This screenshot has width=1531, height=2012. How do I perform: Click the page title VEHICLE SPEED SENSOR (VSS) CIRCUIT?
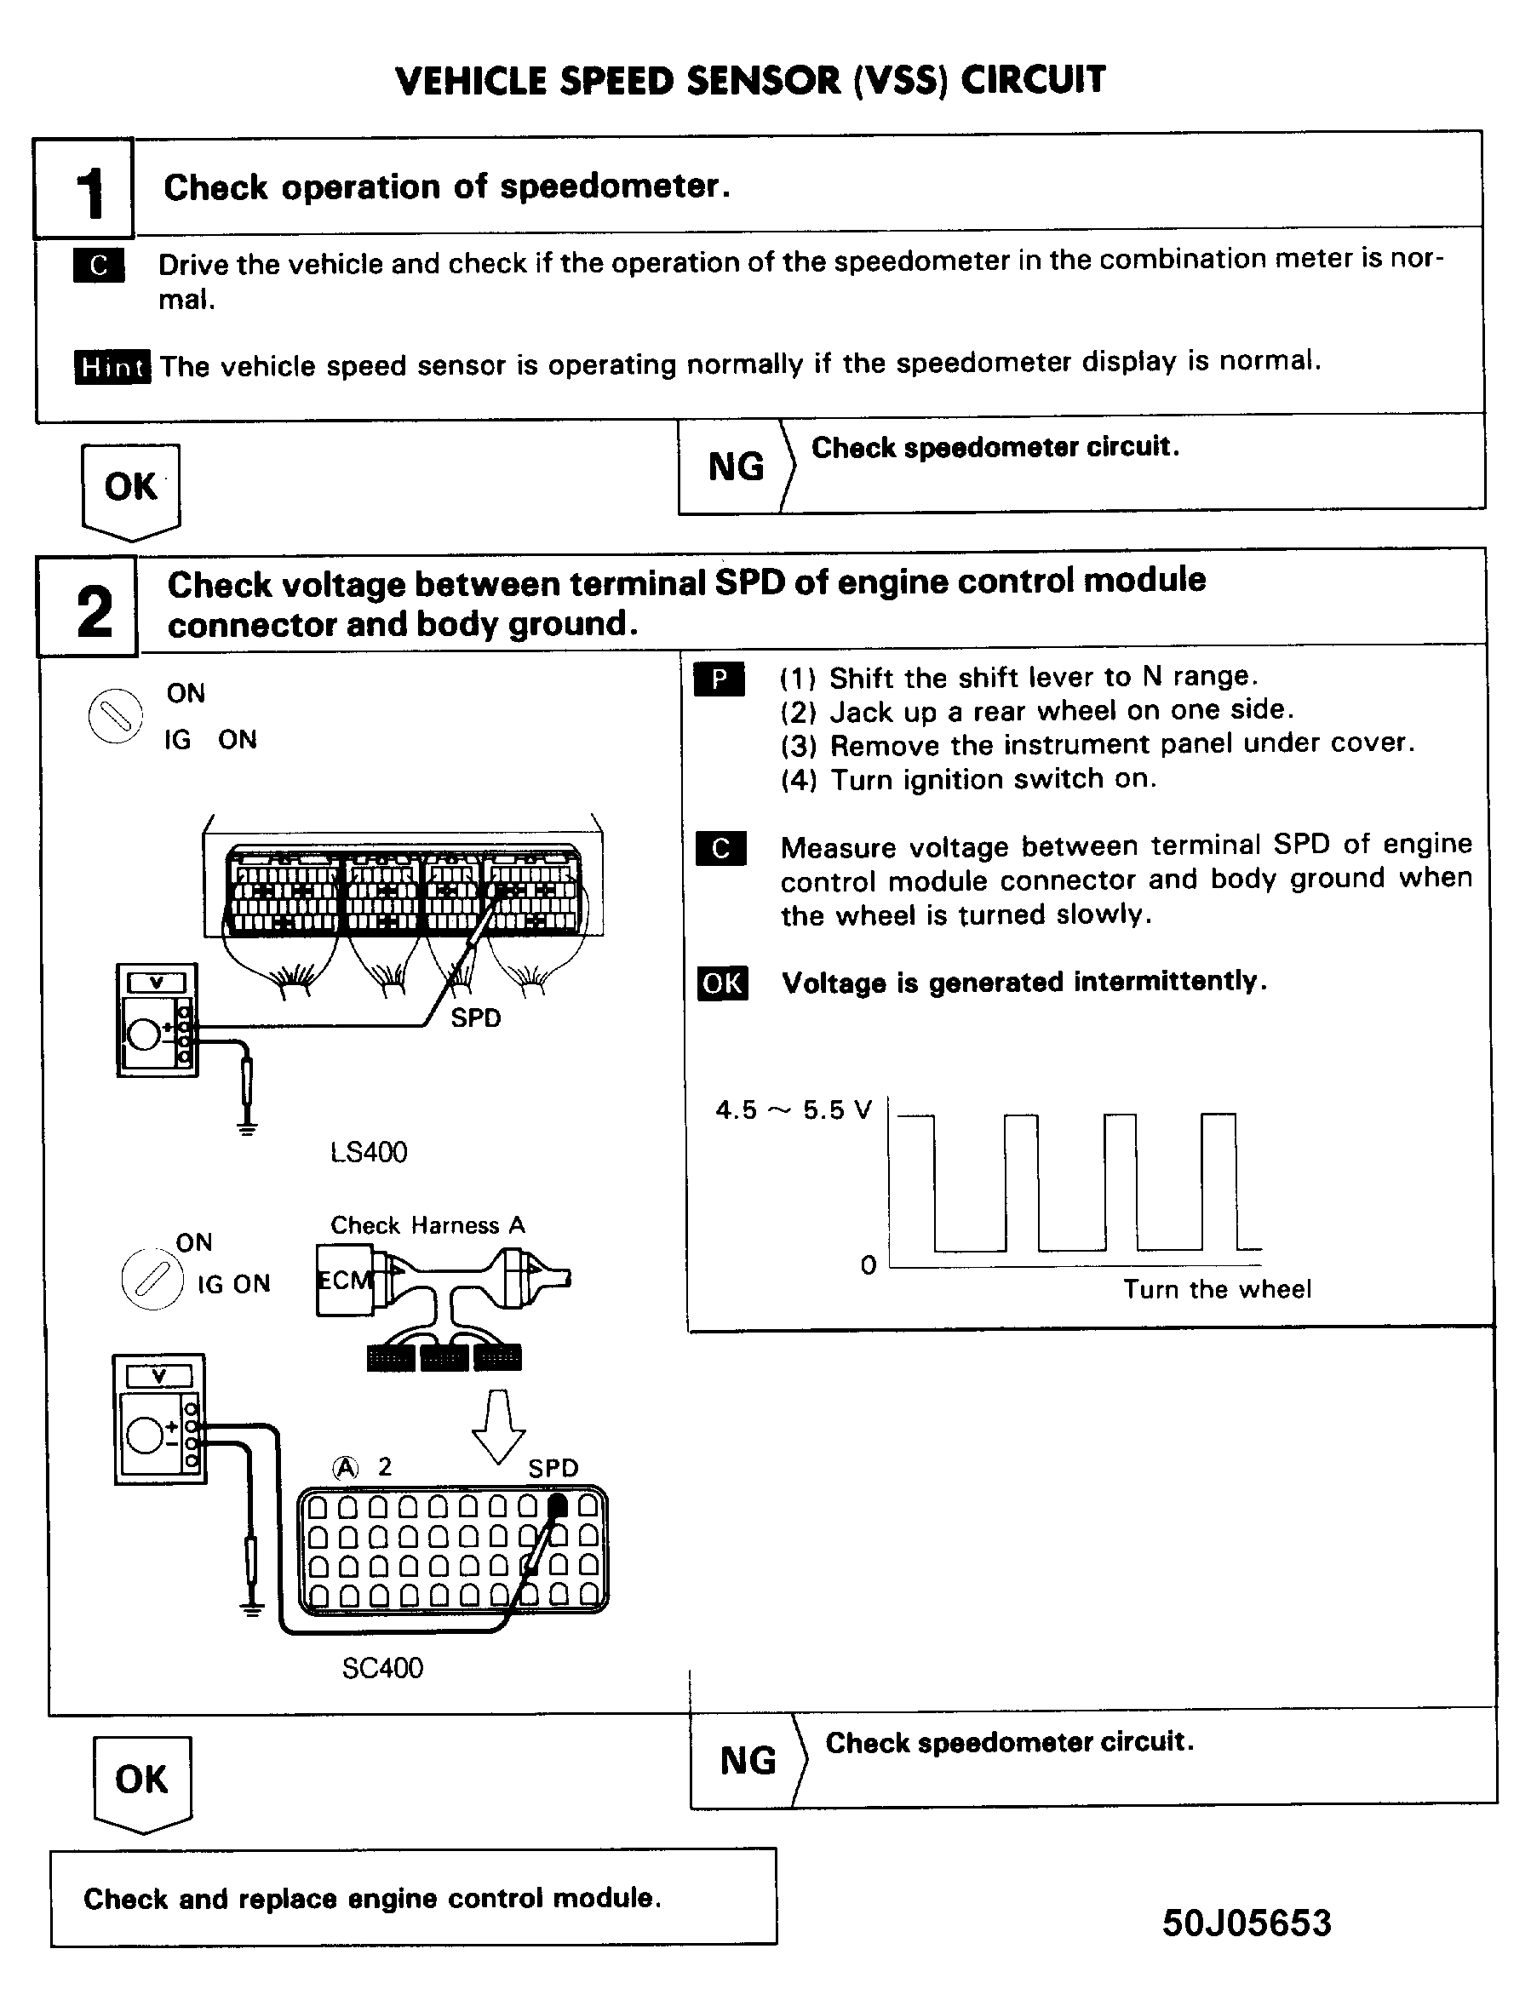click(x=750, y=80)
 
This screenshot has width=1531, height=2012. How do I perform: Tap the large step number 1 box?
click(x=83, y=189)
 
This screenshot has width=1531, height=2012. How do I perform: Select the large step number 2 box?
click(x=88, y=608)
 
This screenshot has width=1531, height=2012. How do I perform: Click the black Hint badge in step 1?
click(x=112, y=367)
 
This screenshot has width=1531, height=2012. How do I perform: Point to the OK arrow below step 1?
click(x=130, y=488)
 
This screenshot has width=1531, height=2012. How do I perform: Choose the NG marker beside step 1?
click(x=736, y=467)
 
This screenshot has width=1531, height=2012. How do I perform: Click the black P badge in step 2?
click(x=719, y=679)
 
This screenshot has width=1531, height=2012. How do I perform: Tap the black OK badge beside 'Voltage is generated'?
click(x=723, y=983)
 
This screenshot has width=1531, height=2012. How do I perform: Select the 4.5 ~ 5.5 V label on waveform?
click(x=793, y=1110)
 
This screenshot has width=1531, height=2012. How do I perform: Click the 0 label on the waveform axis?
click(x=869, y=1264)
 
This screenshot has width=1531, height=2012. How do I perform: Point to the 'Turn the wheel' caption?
click(x=1217, y=1288)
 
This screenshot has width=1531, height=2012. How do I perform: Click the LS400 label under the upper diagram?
click(x=368, y=1152)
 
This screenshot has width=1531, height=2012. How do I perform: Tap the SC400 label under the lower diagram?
click(x=381, y=1667)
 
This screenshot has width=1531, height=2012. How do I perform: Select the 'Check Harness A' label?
click(x=427, y=1224)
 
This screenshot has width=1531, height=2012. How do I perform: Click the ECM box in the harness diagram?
click(x=345, y=1281)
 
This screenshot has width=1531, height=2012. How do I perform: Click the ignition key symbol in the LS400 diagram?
click(x=116, y=715)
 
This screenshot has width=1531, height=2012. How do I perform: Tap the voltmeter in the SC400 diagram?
click(x=159, y=1419)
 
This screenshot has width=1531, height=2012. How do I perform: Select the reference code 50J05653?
click(x=1246, y=1923)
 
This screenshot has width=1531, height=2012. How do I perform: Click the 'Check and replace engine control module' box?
click(x=413, y=1898)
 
